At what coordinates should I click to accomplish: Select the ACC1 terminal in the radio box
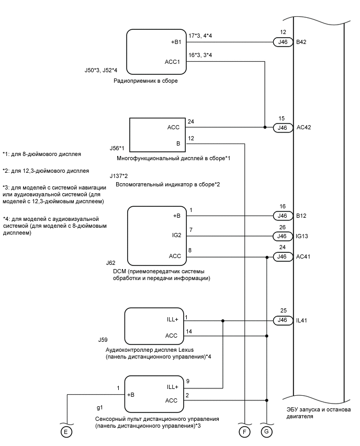pyautogui.click(x=173, y=61)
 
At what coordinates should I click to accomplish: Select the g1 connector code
pyautogui.click(x=100, y=407)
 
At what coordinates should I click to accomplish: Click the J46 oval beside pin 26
pyautogui.click(x=283, y=237)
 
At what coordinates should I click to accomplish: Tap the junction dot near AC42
pyautogui.click(x=265, y=127)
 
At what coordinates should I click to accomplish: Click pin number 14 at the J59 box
pyautogui.click(x=189, y=331)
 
